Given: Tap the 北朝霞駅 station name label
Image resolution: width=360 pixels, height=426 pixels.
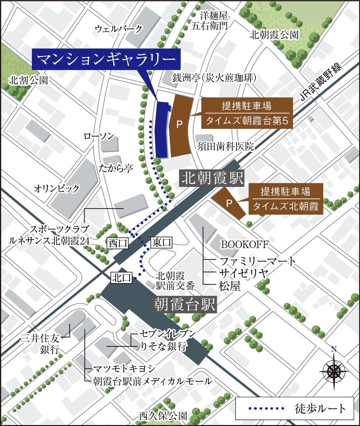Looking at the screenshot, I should (x=211, y=178).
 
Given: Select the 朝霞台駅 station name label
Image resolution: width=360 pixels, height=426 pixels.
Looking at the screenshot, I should (x=185, y=304).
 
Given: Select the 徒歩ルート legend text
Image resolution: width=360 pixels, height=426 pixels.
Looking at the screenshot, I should (x=320, y=408).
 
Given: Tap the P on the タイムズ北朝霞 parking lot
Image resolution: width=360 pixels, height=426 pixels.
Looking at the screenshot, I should (x=229, y=203).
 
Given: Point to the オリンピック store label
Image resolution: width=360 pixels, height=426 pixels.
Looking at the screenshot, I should (x=57, y=188).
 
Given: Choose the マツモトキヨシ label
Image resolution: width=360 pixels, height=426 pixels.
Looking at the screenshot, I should (x=119, y=368).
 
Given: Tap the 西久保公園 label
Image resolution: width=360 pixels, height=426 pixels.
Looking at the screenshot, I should (x=163, y=415).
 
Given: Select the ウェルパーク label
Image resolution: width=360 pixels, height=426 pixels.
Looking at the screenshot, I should (x=119, y=28).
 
